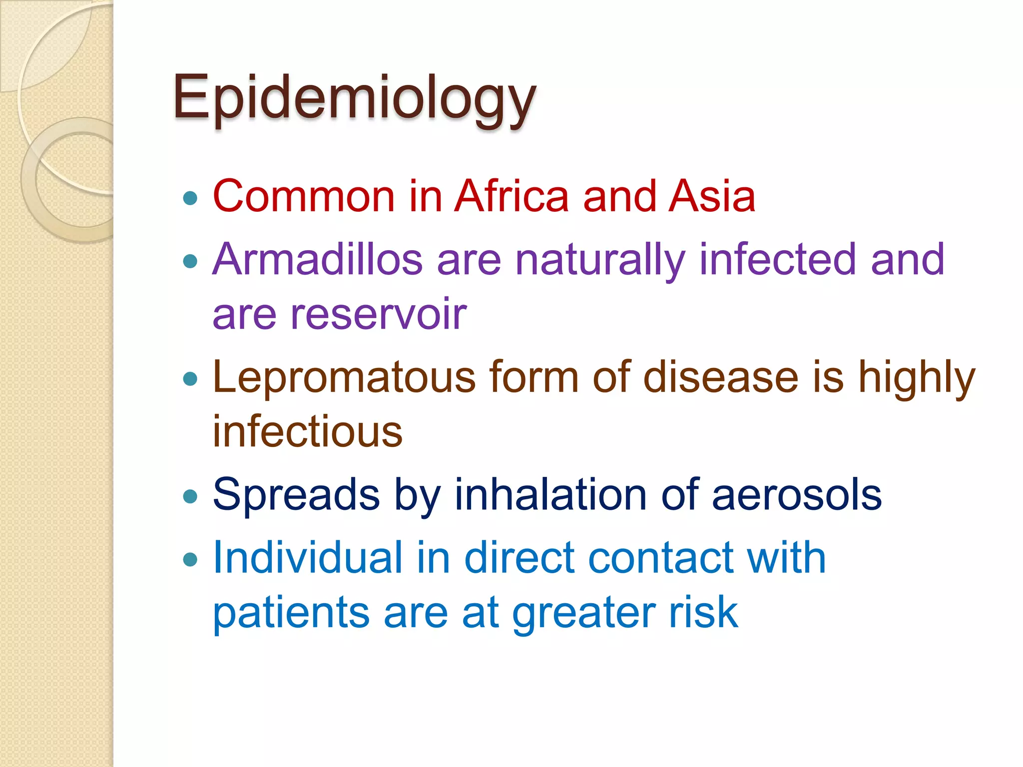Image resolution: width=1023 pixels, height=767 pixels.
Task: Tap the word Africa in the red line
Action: click(x=511, y=196)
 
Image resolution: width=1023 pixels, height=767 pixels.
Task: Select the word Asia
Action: click(x=712, y=196)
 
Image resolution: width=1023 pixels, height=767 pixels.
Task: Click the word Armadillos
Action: click(x=318, y=260)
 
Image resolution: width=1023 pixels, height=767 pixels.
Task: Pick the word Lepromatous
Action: click(x=344, y=378)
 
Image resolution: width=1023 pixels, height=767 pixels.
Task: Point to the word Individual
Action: click(x=307, y=558)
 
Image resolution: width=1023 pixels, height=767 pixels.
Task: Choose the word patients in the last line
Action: click(x=291, y=613)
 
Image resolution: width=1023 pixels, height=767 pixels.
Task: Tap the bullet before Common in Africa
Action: click(x=190, y=198)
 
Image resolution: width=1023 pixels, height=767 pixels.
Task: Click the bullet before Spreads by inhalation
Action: click(x=190, y=496)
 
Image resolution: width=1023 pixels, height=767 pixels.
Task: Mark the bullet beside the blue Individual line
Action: click(x=190, y=559)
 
